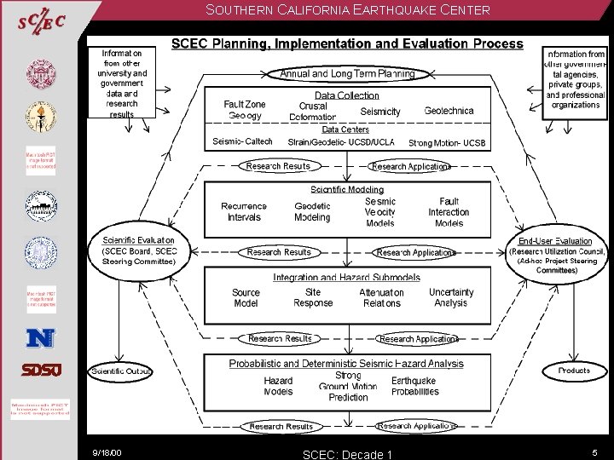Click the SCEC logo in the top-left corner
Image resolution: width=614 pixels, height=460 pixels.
coord(41,22)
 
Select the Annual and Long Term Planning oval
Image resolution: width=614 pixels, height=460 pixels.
coord(347,74)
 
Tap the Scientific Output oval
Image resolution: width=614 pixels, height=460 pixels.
coord(121,371)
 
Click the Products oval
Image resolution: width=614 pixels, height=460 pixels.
coord(574,371)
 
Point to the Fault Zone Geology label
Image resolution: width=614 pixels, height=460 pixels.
coord(245,110)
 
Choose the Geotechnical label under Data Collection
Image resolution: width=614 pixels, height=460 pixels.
coord(449,111)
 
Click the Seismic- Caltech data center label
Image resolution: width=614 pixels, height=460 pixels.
coord(243,141)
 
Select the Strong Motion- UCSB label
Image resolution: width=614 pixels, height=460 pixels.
coord(447,143)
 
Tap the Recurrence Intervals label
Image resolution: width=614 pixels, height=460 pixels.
coord(244,211)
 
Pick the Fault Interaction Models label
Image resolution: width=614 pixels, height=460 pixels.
coord(449,212)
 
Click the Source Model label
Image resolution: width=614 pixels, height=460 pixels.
coord(246,297)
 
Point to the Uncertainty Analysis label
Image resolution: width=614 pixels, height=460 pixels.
coord(450,297)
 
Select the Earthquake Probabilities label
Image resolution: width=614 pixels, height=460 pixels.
coord(414,386)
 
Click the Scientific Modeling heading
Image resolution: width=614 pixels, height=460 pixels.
coord(347,189)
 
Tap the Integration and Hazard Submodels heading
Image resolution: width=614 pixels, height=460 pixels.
coord(346,278)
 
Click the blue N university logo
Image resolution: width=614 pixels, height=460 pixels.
coord(40,338)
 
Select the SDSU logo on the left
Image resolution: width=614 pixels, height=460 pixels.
coord(40,371)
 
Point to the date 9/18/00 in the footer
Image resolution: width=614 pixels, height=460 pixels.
coord(107,452)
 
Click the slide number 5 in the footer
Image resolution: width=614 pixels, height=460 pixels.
coord(595,452)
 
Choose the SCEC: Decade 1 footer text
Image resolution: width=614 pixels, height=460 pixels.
coord(347,454)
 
